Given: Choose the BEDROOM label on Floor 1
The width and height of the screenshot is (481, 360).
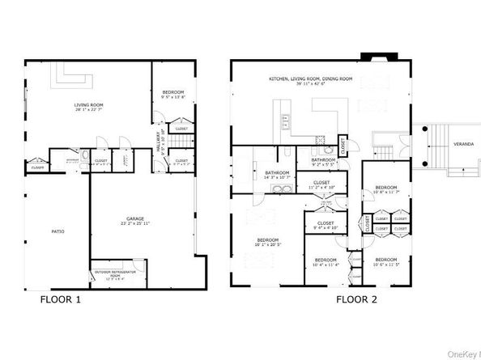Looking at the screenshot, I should pos(173,94).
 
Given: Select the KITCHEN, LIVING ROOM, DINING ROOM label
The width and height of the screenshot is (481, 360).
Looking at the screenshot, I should pos(311,81).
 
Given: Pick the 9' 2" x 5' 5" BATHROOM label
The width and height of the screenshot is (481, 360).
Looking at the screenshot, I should pos(324,162).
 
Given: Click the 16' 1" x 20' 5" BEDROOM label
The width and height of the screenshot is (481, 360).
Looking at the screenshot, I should pos(268,242).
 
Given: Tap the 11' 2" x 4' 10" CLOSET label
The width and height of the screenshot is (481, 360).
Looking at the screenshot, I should pos(321,185).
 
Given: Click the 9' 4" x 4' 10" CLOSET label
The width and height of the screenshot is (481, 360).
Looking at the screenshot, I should pos(326,225).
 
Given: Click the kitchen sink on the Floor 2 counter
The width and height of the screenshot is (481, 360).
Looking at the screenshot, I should pos(287,122).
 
